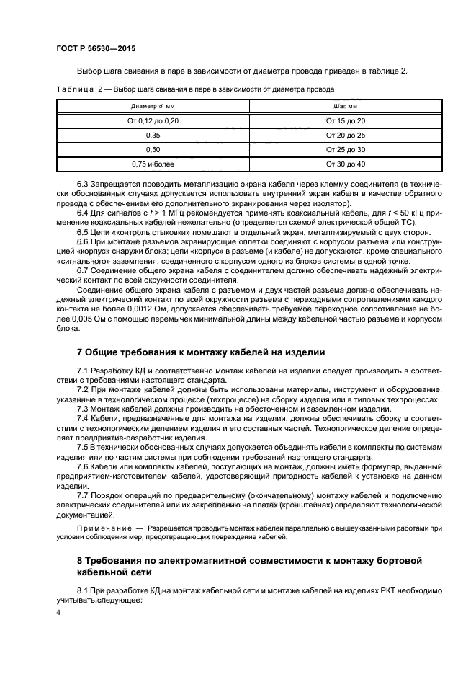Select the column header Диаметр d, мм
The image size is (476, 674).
click(x=152, y=106)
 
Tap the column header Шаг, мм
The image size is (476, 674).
click(x=346, y=106)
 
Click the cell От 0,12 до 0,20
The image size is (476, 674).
click(x=152, y=120)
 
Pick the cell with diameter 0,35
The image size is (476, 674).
click(x=152, y=135)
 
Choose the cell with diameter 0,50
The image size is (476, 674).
click(x=152, y=149)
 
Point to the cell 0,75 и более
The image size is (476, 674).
click(x=152, y=164)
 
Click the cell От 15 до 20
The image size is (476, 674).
click(x=346, y=120)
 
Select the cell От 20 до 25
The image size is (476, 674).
click(x=346, y=135)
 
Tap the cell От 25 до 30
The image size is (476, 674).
click(x=346, y=149)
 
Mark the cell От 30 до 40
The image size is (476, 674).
click(x=346, y=164)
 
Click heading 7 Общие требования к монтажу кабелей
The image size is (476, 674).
click(x=201, y=352)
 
